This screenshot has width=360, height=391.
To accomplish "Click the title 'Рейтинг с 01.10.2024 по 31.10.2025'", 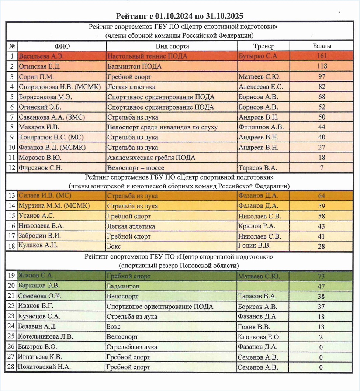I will click(x=180, y=16).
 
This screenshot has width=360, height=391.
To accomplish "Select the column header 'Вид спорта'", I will click(x=172, y=46).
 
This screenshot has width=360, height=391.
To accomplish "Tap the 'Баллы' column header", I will click(x=322, y=46).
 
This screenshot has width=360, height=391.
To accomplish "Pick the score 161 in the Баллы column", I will click(x=322, y=56).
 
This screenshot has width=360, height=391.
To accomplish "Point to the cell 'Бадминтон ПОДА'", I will click(x=134, y=67).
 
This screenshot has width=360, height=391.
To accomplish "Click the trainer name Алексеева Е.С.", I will click(x=261, y=87).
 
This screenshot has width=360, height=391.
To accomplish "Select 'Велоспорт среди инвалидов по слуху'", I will click(x=162, y=128).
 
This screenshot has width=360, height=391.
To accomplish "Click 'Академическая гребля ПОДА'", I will click(x=151, y=158).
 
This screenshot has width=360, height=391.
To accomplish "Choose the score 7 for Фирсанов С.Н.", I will click(x=322, y=168).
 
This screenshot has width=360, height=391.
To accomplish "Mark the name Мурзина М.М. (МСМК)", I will click(x=54, y=206).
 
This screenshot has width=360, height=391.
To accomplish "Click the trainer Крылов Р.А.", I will click(x=257, y=226).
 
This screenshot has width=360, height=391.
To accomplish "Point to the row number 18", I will click(x=11, y=246).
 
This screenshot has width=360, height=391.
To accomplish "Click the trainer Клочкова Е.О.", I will click(x=259, y=337).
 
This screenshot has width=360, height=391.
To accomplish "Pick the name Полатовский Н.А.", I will click(x=44, y=367).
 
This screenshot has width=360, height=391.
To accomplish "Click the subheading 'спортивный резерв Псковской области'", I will click(x=179, y=266).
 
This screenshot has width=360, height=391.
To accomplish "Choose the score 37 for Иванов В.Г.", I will click(x=322, y=307).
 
